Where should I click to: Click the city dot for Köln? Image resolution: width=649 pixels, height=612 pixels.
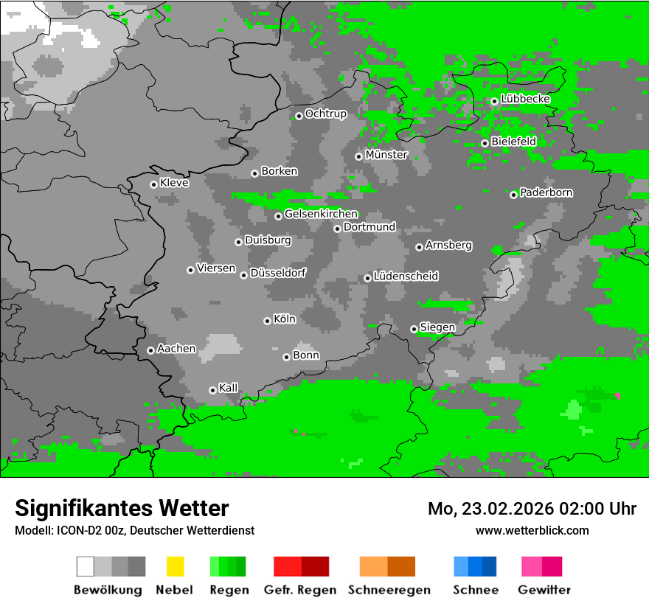click(x=267, y=321)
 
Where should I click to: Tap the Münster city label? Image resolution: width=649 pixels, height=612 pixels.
click(x=386, y=155)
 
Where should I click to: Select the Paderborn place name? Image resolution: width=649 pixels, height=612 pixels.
click(x=546, y=192)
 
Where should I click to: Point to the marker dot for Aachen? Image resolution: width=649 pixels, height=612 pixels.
click(x=150, y=350)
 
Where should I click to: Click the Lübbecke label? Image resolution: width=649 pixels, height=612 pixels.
click(x=526, y=99)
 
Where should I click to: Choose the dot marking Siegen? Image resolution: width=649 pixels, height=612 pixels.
click(x=414, y=329)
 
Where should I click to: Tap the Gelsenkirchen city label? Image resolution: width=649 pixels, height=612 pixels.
click(x=321, y=214)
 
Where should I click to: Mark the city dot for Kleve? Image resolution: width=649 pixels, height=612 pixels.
click(x=153, y=184)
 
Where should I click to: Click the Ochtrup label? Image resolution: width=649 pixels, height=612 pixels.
click(x=326, y=114)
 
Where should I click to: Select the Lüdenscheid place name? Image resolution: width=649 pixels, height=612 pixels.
click(x=406, y=276)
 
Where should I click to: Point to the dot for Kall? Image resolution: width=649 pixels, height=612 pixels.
click(x=212, y=390)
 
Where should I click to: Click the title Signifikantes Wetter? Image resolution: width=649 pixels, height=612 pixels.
click(x=122, y=508)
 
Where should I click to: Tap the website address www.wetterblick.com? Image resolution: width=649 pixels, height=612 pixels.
click(x=532, y=530)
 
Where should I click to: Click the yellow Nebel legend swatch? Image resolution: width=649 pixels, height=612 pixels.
click(x=175, y=566)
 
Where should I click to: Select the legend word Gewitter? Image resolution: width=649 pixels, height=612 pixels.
click(x=544, y=590)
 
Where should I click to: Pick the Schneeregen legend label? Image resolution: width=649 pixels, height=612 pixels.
click(x=389, y=590)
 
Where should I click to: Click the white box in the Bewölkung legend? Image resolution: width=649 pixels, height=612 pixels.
click(x=86, y=566)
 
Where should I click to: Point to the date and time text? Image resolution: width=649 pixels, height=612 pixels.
click(x=532, y=509)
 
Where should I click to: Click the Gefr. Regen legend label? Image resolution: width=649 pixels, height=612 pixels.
click(x=300, y=590)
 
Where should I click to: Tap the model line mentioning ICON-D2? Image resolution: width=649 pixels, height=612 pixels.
click(x=134, y=530)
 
